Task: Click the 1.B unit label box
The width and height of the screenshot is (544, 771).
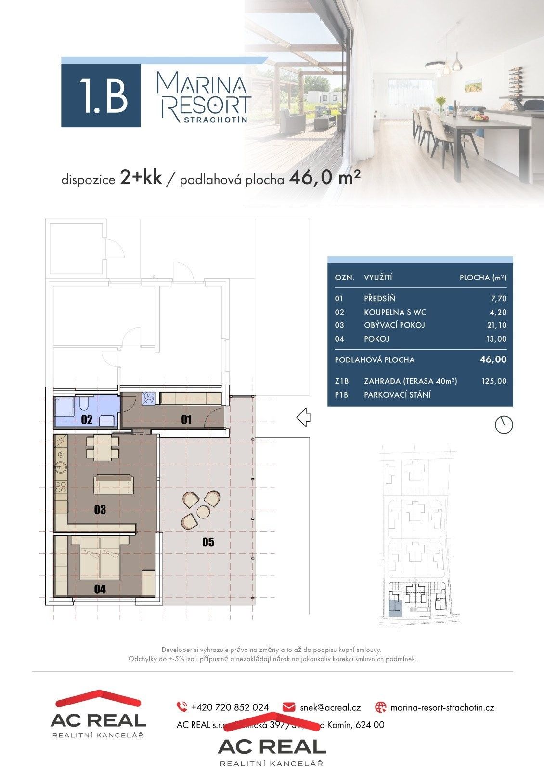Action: (x=101, y=95)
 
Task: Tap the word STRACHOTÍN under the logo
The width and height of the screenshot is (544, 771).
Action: (x=216, y=120)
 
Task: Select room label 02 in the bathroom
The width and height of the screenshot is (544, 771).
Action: (x=87, y=419)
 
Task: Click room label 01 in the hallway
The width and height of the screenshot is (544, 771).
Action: (x=186, y=419)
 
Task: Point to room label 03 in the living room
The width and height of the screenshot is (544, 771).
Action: (x=100, y=509)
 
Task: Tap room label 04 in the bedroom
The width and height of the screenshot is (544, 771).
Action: (x=100, y=588)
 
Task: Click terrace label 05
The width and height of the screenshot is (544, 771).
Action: (x=208, y=543)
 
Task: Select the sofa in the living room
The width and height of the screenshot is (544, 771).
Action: (x=114, y=483)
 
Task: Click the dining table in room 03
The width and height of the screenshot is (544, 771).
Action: (x=102, y=448)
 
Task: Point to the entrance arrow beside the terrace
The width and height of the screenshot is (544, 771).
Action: (x=303, y=417)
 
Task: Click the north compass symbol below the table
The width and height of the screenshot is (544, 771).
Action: (x=504, y=425)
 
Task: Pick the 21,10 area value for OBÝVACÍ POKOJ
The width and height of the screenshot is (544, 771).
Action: (x=496, y=325)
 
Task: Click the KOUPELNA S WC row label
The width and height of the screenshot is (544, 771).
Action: (x=395, y=312)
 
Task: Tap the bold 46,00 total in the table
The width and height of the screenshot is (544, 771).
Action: (x=493, y=359)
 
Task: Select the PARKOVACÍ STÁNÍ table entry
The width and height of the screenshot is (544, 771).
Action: (x=397, y=395)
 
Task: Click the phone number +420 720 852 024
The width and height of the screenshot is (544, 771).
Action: (x=230, y=707)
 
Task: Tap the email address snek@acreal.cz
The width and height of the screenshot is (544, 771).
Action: (x=330, y=707)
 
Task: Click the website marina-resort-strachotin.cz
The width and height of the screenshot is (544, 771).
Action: (x=442, y=707)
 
